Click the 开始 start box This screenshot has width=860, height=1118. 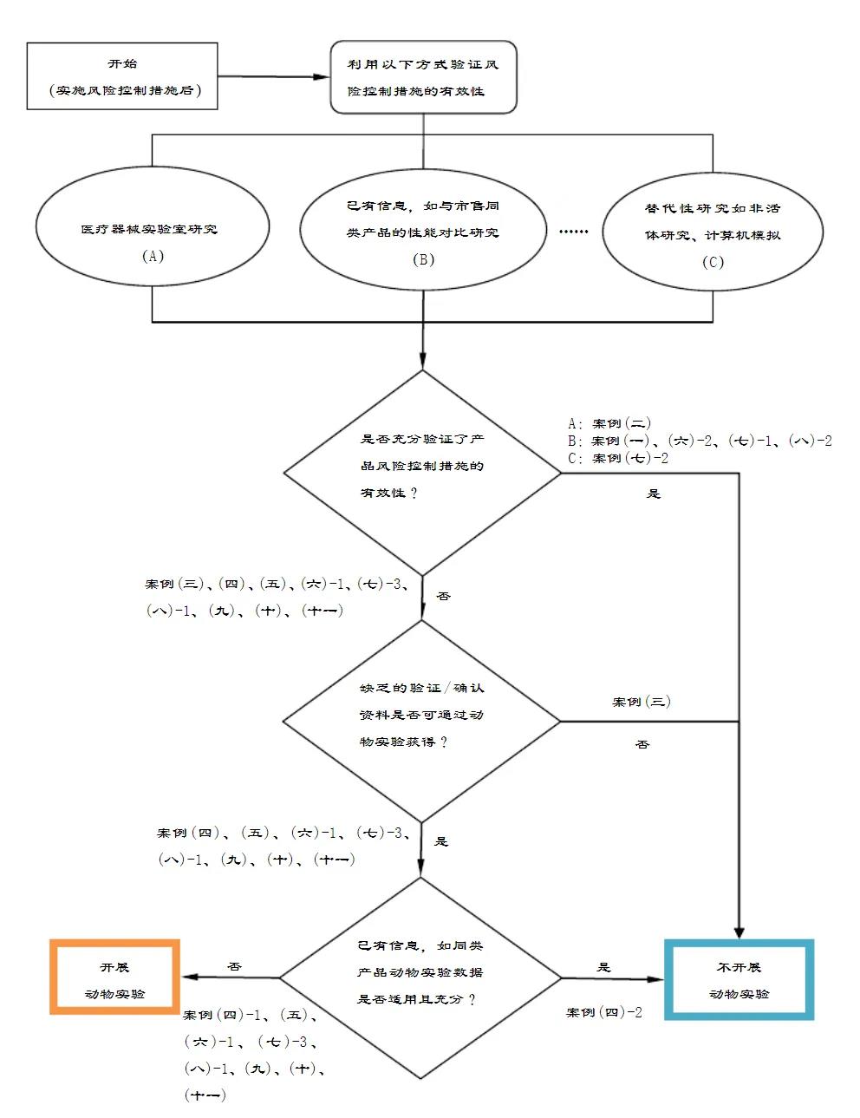tap(121, 76)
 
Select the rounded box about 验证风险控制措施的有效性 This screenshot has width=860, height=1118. tap(423, 77)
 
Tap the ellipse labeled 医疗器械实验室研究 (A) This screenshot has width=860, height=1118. tap(152, 227)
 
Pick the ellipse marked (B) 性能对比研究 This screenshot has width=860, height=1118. tap(423, 231)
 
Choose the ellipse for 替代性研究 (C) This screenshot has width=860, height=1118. tap(713, 233)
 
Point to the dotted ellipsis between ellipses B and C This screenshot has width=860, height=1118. tap(574, 232)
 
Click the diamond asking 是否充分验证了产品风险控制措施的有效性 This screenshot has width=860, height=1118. tap(422, 473)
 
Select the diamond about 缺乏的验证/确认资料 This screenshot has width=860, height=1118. tap(422, 721)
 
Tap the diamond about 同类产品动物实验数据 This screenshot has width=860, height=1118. tap(421, 977)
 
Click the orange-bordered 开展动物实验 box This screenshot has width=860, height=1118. tap(115, 977)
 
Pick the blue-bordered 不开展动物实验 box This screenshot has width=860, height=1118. tap(739, 979)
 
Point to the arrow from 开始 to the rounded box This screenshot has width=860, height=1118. tap(273, 76)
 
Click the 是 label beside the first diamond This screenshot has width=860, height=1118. tap(654, 494)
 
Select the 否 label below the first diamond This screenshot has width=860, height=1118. tap(443, 596)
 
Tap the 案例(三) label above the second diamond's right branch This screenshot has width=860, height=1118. tap(642, 702)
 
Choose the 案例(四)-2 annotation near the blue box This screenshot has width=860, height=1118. tap(604, 1012)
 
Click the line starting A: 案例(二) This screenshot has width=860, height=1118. tap(609, 423)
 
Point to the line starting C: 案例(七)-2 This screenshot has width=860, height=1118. tap(618, 458)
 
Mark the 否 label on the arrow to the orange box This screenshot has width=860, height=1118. tap(234, 966)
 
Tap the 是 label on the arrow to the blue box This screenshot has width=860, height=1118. tap(604, 967)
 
